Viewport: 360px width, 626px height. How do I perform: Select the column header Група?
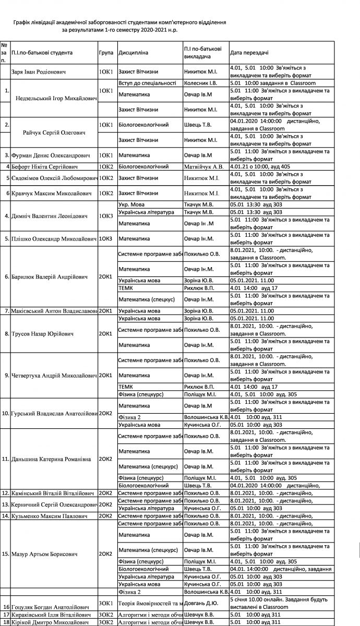pos(106,53)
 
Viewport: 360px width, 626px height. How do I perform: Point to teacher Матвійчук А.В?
pos(204,166)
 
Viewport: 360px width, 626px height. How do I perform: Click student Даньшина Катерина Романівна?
pos(51,459)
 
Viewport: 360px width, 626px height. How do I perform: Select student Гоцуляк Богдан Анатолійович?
pos(49,607)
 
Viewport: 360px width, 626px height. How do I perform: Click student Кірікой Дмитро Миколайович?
pos(49,622)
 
